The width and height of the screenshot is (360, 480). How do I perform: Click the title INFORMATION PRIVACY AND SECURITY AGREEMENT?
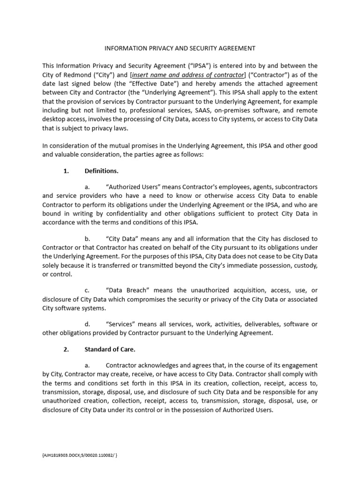tap(180, 48)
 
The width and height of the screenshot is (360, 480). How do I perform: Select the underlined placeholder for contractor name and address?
tap(188, 75)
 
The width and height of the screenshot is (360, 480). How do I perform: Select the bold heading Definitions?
tap(101, 171)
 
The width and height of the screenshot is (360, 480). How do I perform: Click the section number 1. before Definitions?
tap(66, 171)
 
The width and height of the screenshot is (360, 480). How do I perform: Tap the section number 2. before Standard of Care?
tap(66, 349)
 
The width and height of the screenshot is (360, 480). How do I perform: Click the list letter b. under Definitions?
tap(87, 239)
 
